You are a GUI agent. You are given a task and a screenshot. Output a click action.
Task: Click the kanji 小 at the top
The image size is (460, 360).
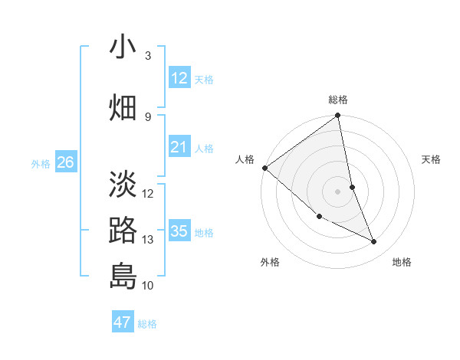[123, 47]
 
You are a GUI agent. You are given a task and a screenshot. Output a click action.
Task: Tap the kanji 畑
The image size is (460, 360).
[123, 106]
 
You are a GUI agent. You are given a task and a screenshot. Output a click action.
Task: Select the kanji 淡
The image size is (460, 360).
[123, 185]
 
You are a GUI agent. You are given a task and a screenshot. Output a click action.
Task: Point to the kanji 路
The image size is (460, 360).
[123, 231]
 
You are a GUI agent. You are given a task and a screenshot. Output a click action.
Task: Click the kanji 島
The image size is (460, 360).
[123, 276]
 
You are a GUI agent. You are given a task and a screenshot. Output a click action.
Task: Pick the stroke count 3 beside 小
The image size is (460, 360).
[148, 56]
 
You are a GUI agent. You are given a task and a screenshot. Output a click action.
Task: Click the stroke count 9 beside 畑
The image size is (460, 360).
[148, 116]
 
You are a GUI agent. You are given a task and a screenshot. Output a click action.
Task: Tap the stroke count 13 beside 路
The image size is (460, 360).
[148, 240]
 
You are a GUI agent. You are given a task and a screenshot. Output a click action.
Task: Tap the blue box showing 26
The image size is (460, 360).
[65, 162]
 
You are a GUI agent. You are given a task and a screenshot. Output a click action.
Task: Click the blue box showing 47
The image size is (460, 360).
[123, 322]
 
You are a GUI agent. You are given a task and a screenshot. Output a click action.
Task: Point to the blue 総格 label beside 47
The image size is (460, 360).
[147, 324]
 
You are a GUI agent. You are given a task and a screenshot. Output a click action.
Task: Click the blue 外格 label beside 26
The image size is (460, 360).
[41, 163]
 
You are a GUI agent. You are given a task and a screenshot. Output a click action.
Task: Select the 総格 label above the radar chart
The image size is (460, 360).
[338, 100]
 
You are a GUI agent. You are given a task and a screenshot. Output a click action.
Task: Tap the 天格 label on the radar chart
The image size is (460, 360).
[431, 159]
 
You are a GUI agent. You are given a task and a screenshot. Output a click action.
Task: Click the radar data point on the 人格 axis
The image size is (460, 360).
[264, 168]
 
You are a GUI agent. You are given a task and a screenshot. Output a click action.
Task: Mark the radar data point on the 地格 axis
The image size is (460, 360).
[374, 242]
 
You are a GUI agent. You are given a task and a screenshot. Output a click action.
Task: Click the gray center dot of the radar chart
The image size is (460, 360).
[337, 191]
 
